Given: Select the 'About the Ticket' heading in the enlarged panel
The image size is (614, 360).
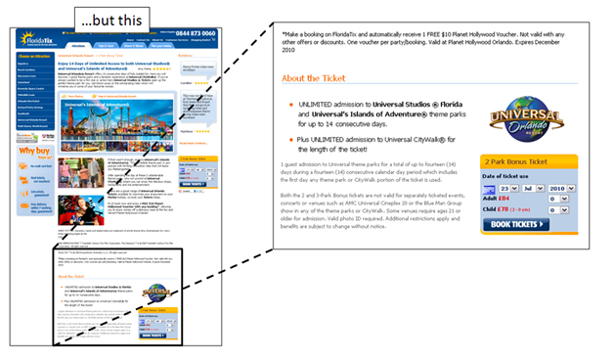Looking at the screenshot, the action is pyautogui.click(x=319, y=77).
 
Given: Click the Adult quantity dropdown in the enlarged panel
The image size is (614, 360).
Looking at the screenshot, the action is pyautogui.click(x=557, y=198).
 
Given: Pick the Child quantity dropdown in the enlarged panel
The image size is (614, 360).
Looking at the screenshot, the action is pyautogui.click(x=557, y=209).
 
